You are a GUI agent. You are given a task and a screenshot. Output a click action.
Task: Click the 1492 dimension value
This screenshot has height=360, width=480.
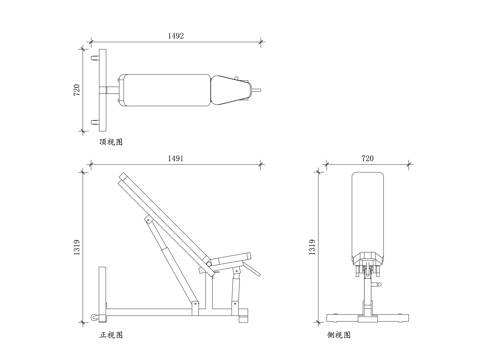coord(176,36)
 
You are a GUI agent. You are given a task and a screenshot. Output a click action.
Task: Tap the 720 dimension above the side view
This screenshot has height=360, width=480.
coord(367,158)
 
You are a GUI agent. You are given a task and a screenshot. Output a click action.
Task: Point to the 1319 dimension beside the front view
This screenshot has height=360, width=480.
coord(77,247)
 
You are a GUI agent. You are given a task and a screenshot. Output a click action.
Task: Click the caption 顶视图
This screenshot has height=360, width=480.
coord(111,142)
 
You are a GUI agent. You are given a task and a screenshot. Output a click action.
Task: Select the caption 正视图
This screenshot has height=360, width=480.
coord(111,335)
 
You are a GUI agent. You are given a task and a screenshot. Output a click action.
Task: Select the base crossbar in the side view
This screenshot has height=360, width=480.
coord(367,318)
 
